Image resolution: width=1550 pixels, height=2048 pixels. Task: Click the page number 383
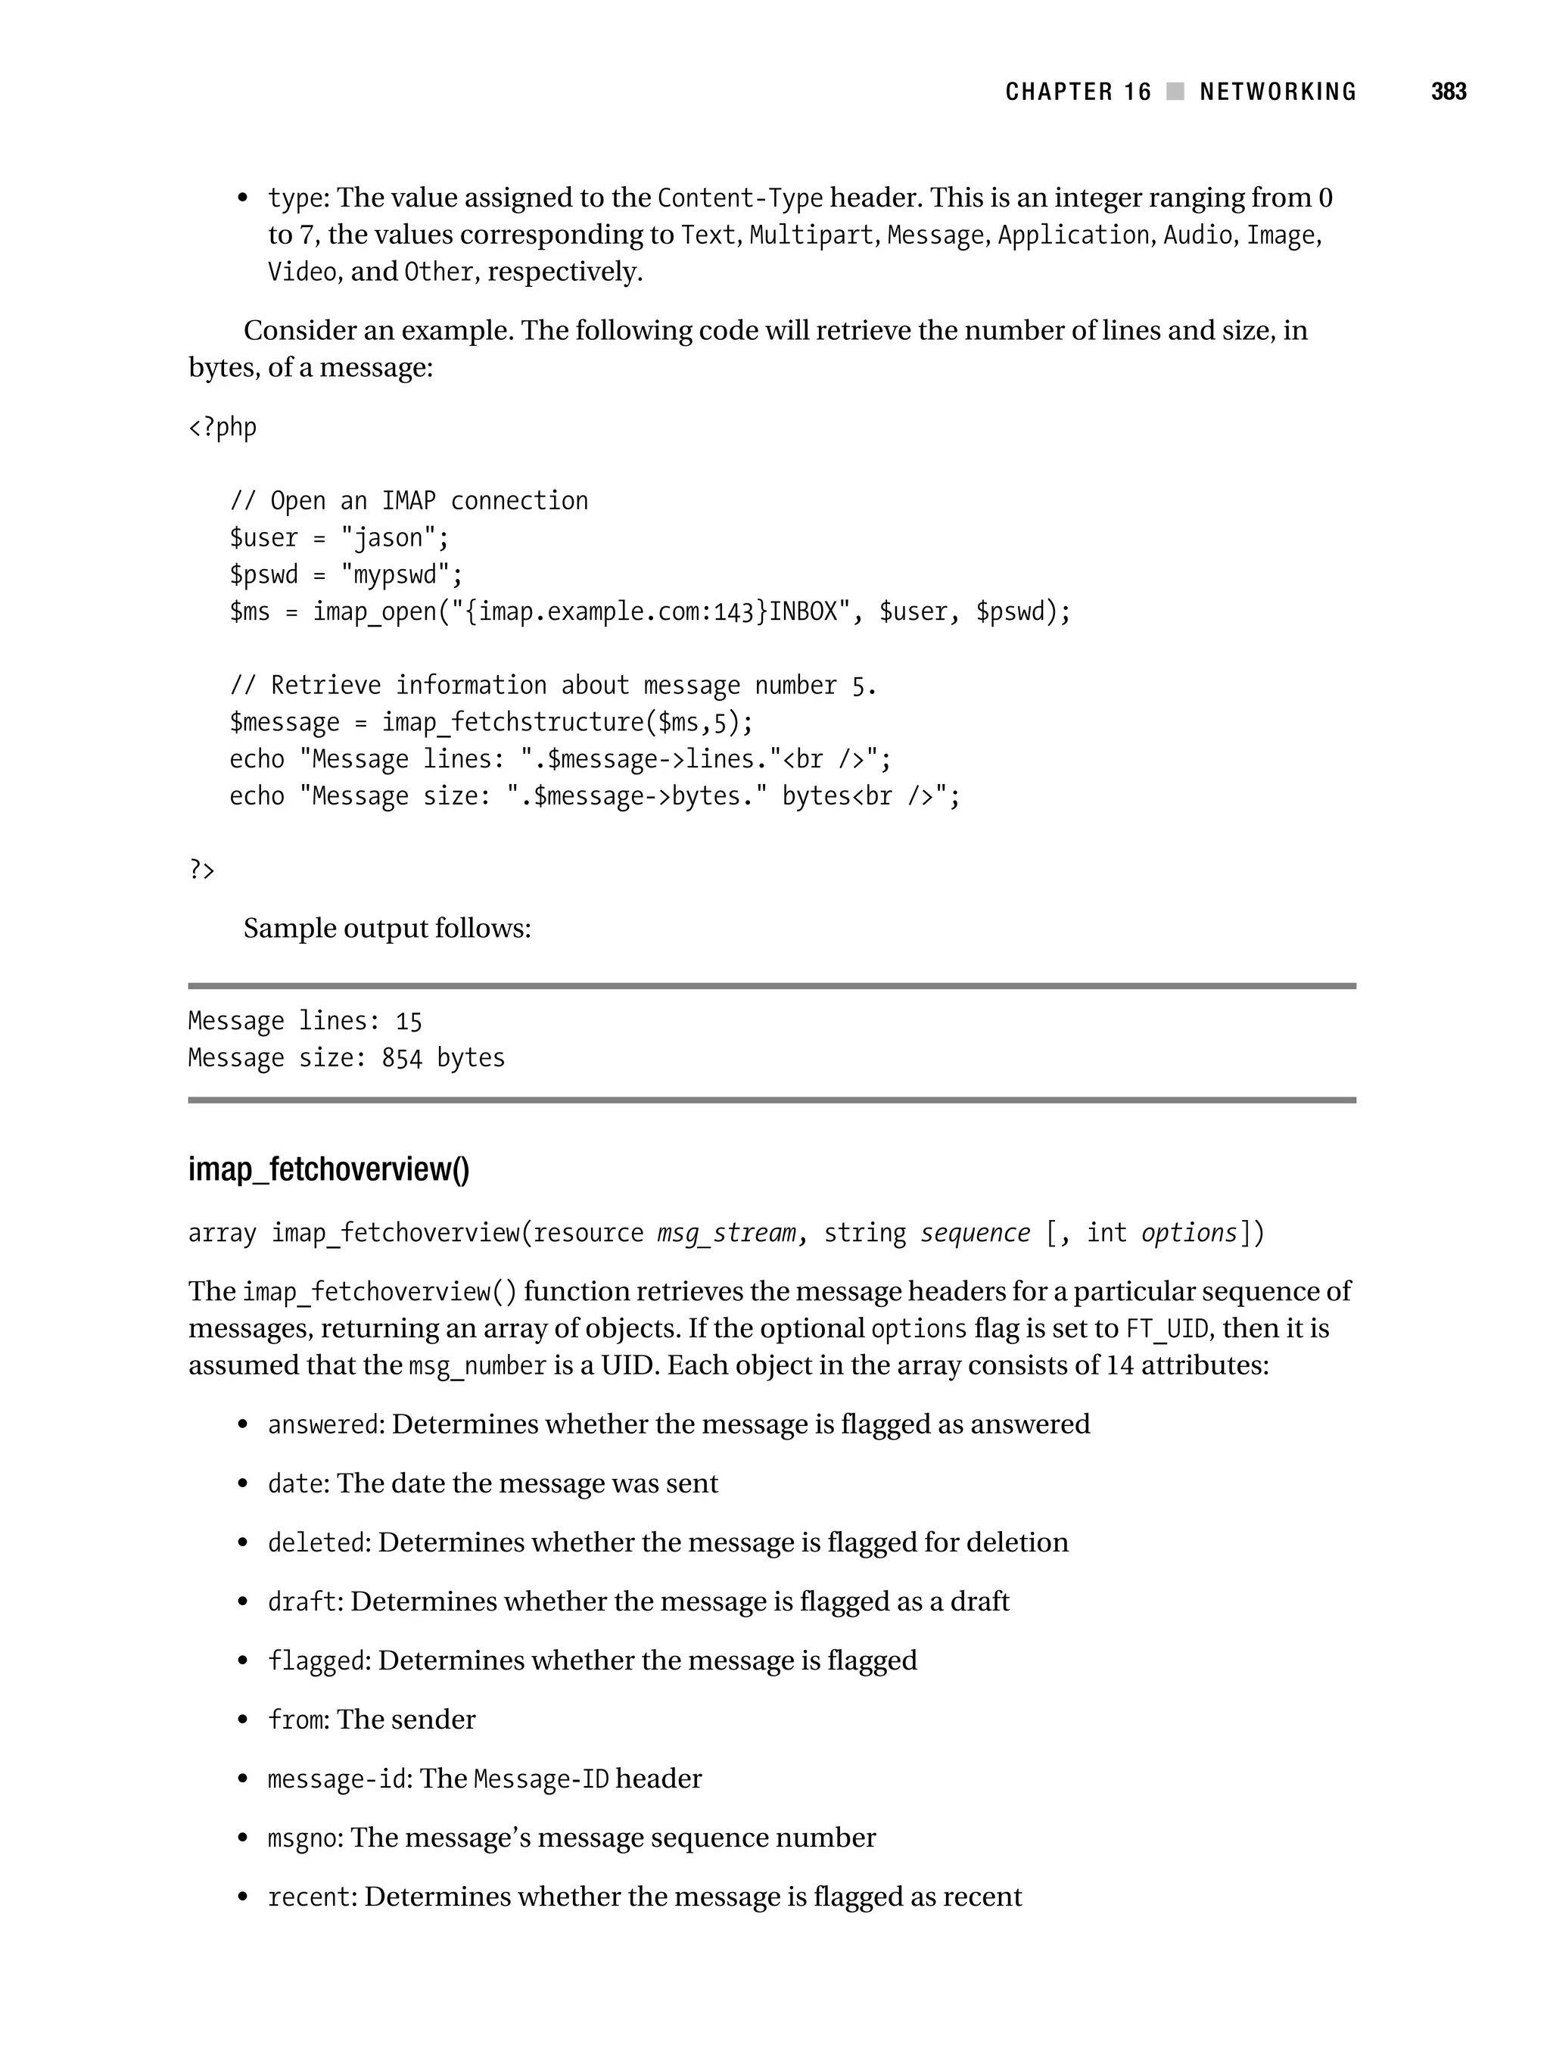pyautogui.click(x=1448, y=92)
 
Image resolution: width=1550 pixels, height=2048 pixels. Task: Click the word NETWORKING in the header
pyautogui.click(x=1277, y=92)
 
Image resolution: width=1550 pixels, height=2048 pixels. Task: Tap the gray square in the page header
pyautogui.click(x=1175, y=92)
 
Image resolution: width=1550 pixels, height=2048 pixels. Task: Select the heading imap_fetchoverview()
pyautogui.click(x=328, y=1169)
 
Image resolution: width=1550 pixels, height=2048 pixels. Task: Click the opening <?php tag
pyautogui.click(x=223, y=427)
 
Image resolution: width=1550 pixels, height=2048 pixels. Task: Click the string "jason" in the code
pyautogui.click(x=394, y=538)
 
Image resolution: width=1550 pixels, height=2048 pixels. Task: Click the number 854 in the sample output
pyautogui.click(x=401, y=1057)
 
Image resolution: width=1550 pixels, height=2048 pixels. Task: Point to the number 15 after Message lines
pyautogui.click(x=409, y=1021)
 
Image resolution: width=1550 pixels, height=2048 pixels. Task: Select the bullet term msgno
pyautogui.click(x=302, y=1838)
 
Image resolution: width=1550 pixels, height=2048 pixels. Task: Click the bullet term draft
pyautogui.click(x=302, y=1601)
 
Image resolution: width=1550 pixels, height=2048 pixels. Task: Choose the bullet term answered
pyautogui.click(x=324, y=1424)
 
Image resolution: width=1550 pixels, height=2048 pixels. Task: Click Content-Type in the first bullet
pyautogui.click(x=739, y=198)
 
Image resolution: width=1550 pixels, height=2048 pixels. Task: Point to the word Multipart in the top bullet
pyautogui.click(x=811, y=235)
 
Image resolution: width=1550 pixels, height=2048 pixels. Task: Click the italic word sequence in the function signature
pyautogui.click(x=974, y=1233)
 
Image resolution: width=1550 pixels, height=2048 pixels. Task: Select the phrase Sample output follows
pyautogui.click(x=387, y=929)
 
